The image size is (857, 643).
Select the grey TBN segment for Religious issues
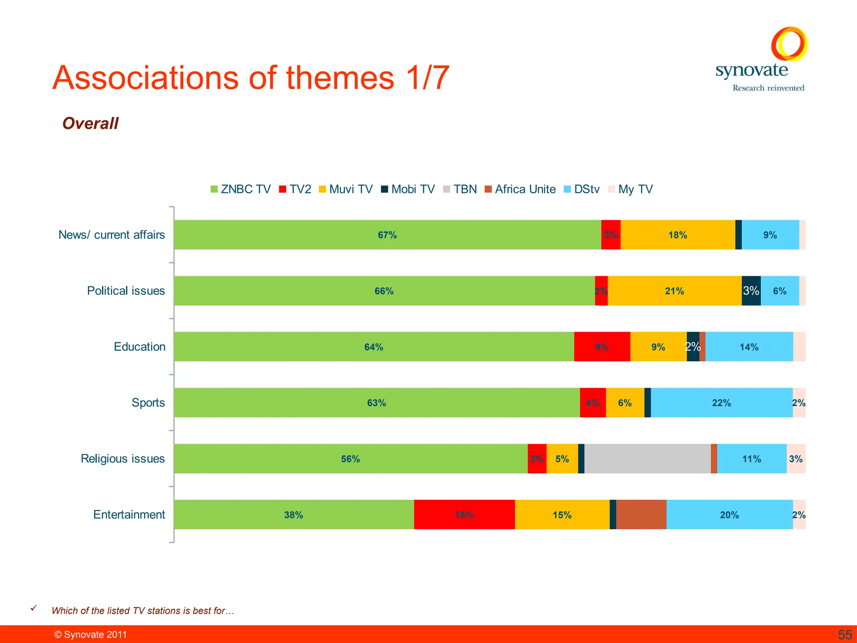[647, 459]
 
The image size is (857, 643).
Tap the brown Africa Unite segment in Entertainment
[641, 514]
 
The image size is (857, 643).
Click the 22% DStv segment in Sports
[721, 403]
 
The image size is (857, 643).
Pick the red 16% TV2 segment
[464, 514]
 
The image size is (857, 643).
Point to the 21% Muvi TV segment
[674, 291]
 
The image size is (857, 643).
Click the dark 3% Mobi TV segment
[751, 291]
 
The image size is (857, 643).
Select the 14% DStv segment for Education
[749, 347]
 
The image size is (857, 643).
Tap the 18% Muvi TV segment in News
[677, 235]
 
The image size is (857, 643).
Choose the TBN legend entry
[460, 189]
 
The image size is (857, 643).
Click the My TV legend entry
[630, 189]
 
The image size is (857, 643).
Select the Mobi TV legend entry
[408, 189]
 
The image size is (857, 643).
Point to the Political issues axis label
[126, 291]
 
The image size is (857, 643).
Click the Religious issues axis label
[123, 459]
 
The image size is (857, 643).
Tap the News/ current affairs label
[112, 235]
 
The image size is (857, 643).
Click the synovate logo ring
[789, 44]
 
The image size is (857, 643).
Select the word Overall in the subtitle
[90, 123]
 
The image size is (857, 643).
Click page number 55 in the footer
[844, 635]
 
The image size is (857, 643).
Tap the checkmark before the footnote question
[34, 608]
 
